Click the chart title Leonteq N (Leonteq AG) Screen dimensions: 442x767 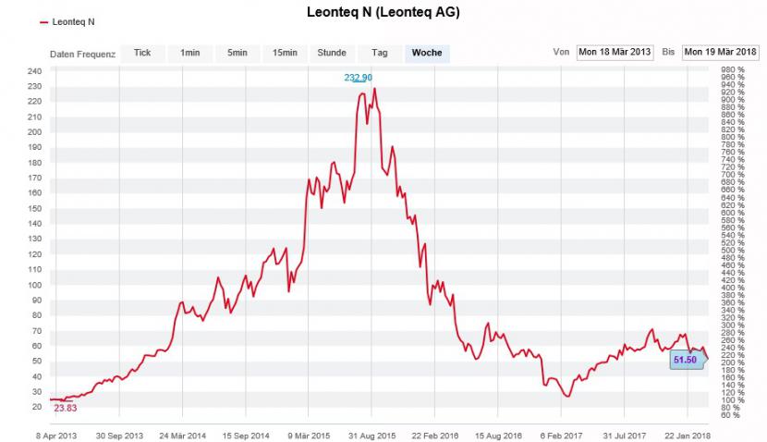(383, 13)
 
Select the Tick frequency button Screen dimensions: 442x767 (142, 53)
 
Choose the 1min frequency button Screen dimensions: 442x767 (190, 53)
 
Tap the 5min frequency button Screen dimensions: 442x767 (237, 53)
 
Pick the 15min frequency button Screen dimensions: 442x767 (285, 53)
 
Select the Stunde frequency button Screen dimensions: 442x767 (332, 53)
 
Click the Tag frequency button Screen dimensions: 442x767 (379, 53)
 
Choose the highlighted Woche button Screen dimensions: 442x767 (427, 53)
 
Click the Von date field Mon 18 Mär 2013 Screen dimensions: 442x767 (615, 53)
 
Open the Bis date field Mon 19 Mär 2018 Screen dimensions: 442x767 (721, 53)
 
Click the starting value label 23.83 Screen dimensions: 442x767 (66, 408)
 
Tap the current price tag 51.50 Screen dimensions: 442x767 (685, 359)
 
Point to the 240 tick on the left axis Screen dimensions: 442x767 (34, 71)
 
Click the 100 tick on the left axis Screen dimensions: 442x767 (34, 285)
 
